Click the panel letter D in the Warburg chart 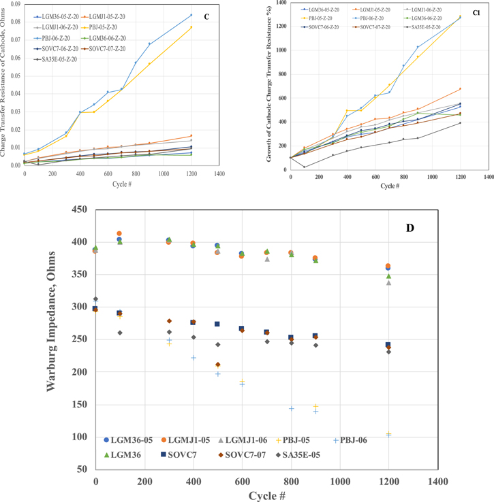(x=410, y=227)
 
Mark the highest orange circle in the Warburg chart (x=120, y=234)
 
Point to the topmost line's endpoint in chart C (x=191, y=14)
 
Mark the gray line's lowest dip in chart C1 (x=304, y=167)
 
